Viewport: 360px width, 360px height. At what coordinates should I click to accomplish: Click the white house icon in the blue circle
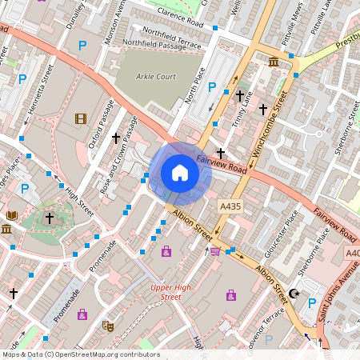(180, 172)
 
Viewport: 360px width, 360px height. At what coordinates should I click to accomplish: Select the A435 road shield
(230, 206)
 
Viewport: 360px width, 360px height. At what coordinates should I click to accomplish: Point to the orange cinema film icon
(80, 119)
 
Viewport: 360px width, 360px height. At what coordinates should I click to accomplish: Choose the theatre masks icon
(106, 326)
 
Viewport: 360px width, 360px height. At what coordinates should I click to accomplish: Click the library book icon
(11, 216)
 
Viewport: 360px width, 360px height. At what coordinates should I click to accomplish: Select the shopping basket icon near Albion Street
(214, 251)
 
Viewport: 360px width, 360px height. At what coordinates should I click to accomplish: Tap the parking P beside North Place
(212, 87)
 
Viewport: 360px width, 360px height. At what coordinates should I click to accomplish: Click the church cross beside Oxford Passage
(115, 138)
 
